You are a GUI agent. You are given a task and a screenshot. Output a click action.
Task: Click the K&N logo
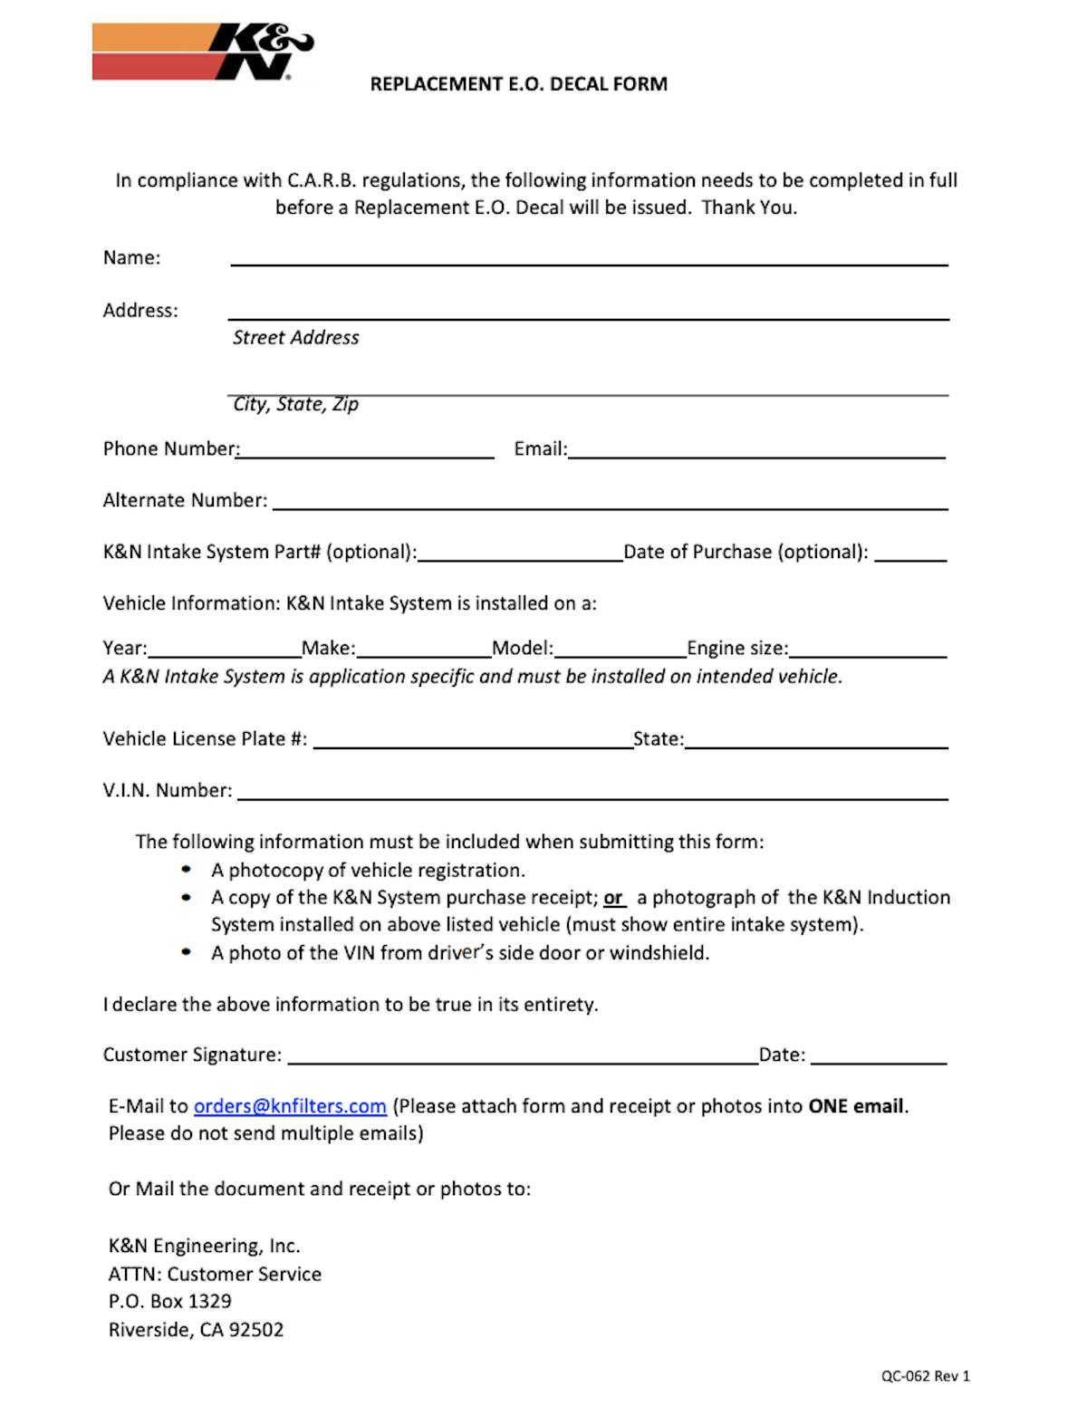pyautogui.click(x=203, y=53)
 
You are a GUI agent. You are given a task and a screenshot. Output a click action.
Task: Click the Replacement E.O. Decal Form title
pyautogui.click(x=518, y=84)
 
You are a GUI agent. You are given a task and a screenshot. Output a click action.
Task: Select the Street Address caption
pyautogui.click(x=295, y=338)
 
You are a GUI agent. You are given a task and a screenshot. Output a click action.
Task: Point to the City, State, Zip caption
pyautogui.click(x=295, y=404)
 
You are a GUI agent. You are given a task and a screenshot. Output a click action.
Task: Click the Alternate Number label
pyautogui.click(x=185, y=501)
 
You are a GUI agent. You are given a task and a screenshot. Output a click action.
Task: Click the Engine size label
pyautogui.click(x=737, y=649)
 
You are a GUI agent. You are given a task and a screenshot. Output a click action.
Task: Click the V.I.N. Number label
pyautogui.click(x=168, y=791)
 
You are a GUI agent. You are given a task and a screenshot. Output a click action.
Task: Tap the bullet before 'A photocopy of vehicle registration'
pyautogui.click(x=187, y=870)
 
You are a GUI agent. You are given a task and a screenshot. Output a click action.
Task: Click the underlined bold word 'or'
pyautogui.click(x=614, y=898)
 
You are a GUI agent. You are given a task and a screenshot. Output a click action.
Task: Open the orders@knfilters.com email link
pyautogui.click(x=290, y=1106)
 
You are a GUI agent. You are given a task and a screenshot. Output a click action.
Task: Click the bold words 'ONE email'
pyautogui.click(x=856, y=1106)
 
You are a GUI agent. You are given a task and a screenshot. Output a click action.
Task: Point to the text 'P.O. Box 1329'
pyautogui.click(x=170, y=1302)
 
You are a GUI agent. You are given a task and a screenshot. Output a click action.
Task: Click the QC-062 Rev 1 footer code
pyautogui.click(x=925, y=1376)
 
